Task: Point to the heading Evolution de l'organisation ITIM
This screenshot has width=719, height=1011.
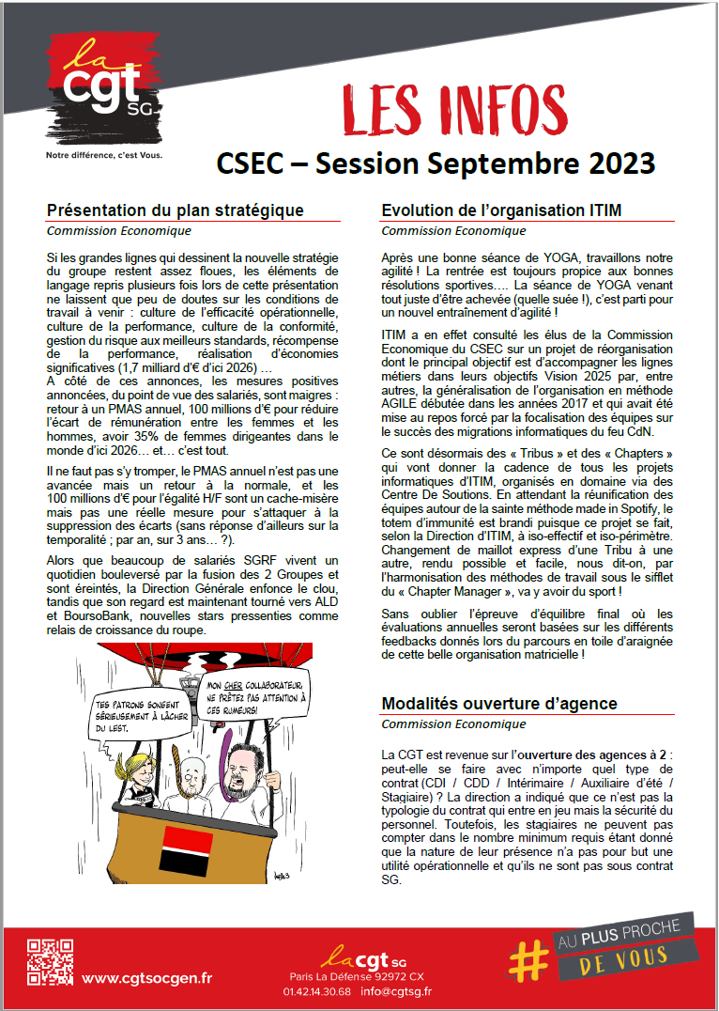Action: tap(501, 210)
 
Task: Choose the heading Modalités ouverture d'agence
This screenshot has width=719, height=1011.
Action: tap(499, 704)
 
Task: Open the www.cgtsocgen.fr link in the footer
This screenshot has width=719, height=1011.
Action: tap(146, 978)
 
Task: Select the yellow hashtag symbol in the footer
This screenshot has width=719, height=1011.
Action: tap(528, 959)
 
